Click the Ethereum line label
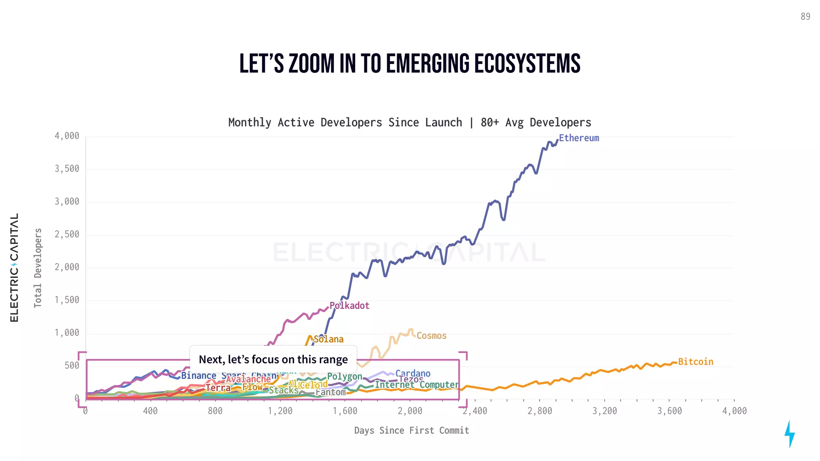coord(579,138)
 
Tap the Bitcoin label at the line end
coord(695,362)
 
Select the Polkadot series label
coord(349,306)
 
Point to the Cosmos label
coord(431,336)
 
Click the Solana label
coord(328,339)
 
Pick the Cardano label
coord(413,373)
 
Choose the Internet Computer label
coord(416,385)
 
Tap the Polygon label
coord(345,377)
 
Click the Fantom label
coord(330,393)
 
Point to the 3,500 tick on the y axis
coord(67,169)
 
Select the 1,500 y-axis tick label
coord(67,300)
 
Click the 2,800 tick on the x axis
coord(539,411)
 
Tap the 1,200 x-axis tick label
coord(280,411)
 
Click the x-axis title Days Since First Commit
coord(411,431)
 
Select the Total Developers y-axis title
coord(38,268)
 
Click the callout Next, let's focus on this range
coord(273,359)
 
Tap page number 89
coord(805,16)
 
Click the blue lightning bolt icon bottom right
coord(789,434)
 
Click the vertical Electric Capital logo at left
coord(14,267)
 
